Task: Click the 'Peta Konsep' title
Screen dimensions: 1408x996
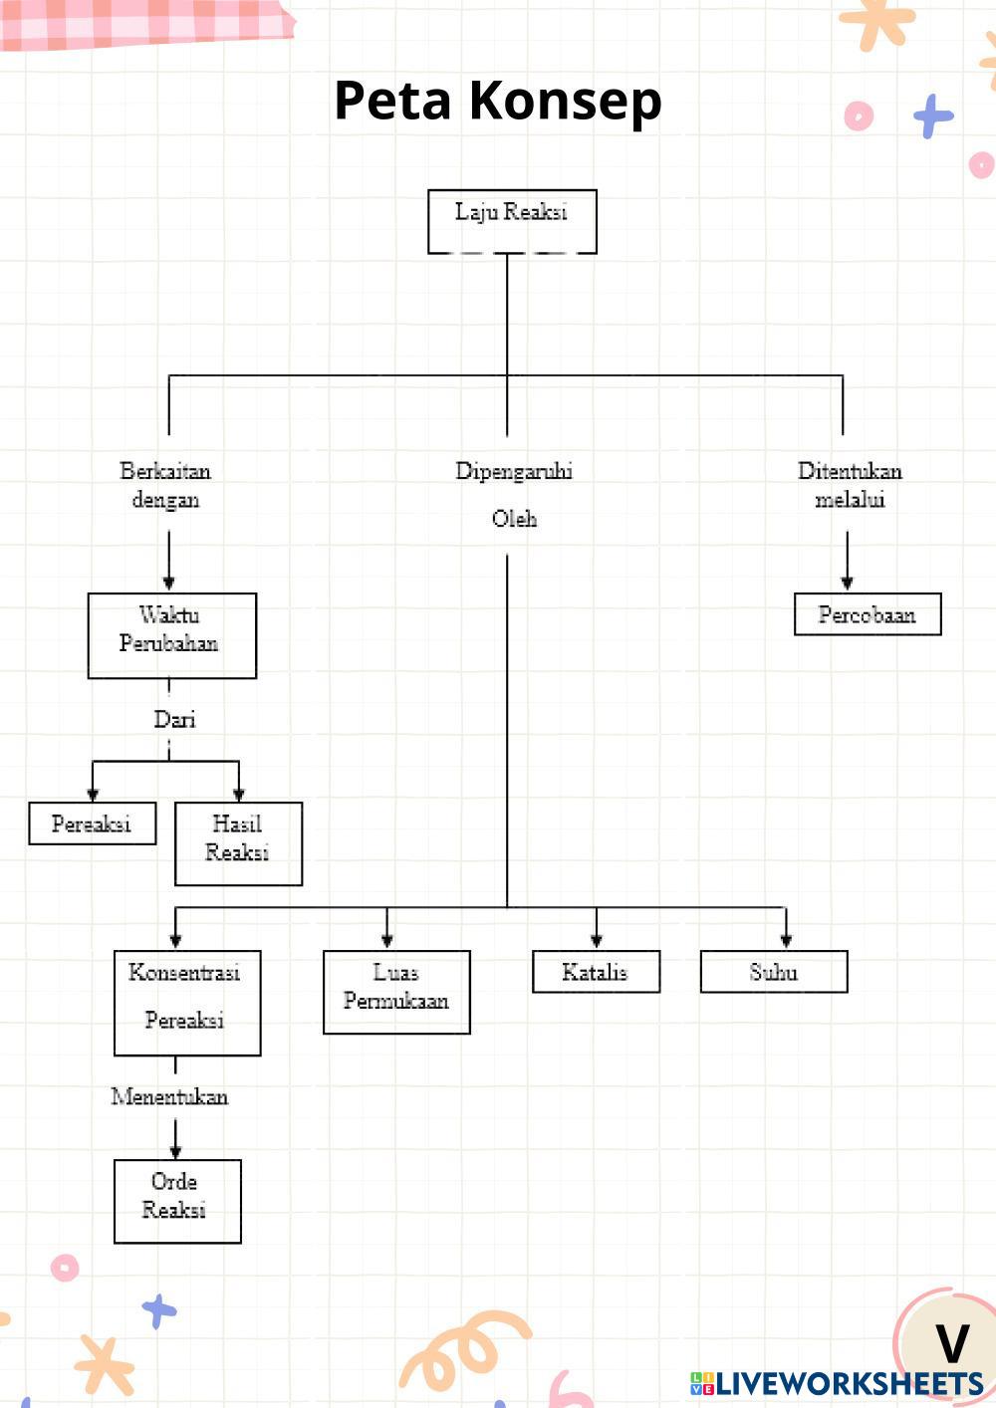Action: pos(497,101)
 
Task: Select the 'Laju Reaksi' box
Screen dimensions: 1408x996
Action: pos(512,221)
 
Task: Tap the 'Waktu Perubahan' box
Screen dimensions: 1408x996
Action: pos(171,635)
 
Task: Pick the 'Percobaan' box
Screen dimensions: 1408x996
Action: pos(867,614)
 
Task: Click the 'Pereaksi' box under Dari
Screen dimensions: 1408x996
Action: pos(92,823)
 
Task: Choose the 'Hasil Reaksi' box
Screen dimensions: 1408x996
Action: pos(238,843)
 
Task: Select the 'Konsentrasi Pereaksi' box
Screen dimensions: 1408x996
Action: pos(187,1002)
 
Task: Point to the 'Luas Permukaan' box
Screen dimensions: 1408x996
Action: pos(396,992)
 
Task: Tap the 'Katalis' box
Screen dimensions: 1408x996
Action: pos(596,972)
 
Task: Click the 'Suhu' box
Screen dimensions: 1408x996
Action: pos(774,972)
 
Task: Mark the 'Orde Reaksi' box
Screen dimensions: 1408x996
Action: pos(177,1201)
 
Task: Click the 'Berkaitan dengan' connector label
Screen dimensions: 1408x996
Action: pos(165,485)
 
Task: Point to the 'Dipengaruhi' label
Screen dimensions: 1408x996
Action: pos(514,471)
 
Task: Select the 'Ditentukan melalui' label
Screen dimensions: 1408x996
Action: pos(850,485)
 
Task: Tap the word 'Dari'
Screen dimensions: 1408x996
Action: pos(174,719)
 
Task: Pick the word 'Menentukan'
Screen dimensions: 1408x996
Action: pos(169,1096)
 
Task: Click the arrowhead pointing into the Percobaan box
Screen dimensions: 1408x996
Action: pos(847,584)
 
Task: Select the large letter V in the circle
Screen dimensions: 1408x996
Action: pos(952,1344)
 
